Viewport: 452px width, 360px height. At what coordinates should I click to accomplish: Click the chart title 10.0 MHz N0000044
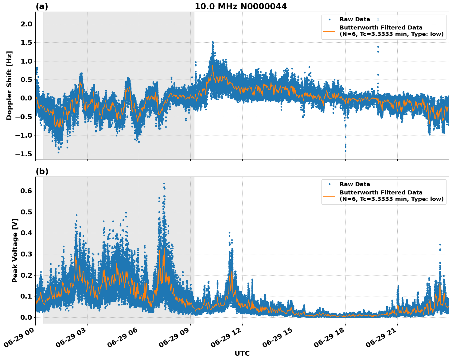[x=241, y=6]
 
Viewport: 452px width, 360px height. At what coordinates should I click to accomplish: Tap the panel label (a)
[x=42, y=6]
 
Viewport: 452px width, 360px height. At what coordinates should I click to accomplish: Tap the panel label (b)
[x=42, y=171]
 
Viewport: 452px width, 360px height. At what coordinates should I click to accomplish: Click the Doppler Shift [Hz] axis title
[x=9, y=85]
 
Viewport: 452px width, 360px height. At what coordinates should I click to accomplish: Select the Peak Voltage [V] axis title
[x=15, y=250]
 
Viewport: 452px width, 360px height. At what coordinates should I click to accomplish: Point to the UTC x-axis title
[x=242, y=353]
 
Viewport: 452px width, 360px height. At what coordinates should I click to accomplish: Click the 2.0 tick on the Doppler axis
[x=26, y=24]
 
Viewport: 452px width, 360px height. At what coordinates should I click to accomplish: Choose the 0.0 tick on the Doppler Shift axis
[x=26, y=98]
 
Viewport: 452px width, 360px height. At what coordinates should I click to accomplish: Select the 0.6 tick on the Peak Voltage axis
[x=26, y=191]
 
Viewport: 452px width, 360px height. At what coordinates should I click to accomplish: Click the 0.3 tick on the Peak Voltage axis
[x=26, y=254]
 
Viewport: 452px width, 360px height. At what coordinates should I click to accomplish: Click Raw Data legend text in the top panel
[x=355, y=19]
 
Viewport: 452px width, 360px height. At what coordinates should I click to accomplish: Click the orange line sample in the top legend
[x=329, y=31]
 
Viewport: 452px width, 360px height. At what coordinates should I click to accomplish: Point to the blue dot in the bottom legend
[x=329, y=184]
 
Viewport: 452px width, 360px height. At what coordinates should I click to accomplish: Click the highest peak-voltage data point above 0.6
[x=164, y=184]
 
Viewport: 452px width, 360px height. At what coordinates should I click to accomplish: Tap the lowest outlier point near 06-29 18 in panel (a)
[x=345, y=151]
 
